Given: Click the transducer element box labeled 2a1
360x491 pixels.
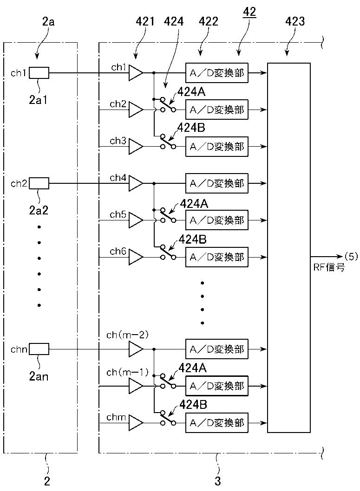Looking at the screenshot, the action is click(x=39, y=73).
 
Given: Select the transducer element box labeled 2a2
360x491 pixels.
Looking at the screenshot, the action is click(x=39, y=183).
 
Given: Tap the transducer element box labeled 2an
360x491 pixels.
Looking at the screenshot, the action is click(x=39, y=349).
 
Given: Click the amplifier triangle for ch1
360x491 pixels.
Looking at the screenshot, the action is click(x=136, y=73).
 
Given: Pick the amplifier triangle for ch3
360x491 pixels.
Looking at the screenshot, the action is click(x=136, y=147).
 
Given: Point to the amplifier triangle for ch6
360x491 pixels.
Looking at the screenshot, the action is click(x=136, y=257).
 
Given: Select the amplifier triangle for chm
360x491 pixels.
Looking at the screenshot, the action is click(x=136, y=423).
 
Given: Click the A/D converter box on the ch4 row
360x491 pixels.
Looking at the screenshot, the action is click(x=217, y=183).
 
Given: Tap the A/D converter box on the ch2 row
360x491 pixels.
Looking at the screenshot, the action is click(x=217, y=110).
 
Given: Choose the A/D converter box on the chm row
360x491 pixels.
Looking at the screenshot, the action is click(x=217, y=423).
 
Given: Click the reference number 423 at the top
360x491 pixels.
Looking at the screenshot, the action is click(x=295, y=21).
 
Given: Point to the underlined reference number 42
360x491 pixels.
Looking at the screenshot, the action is click(x=249, y=12).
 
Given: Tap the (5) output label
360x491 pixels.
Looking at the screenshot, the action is click(x=351, y=257).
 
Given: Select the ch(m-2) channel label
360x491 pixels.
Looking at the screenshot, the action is click(x=127, y=335).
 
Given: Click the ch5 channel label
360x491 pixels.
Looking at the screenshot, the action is click(x=118, y=214).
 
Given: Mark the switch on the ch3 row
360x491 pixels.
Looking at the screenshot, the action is click(x=168, y=142).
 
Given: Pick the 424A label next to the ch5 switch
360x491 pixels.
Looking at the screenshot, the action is click(x=194, y=204).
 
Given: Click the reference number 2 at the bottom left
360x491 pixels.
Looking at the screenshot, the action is click(x=47, y=481).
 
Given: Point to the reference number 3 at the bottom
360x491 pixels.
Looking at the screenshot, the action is click(x=217, y=481).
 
